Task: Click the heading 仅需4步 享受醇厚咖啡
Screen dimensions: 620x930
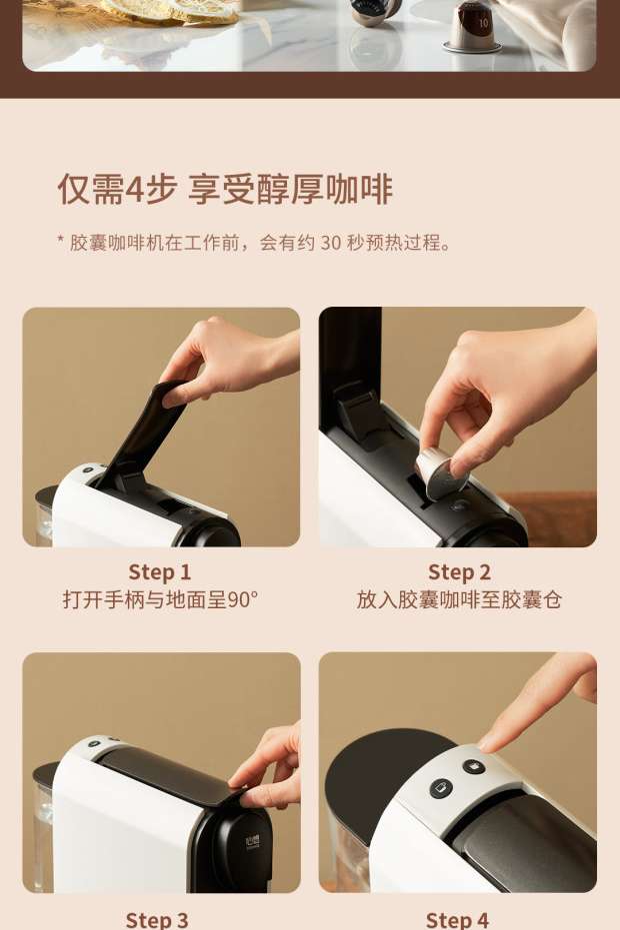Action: coord(224,189)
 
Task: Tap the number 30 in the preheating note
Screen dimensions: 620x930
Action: coord(331,243)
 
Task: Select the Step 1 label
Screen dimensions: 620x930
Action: coord(160,572)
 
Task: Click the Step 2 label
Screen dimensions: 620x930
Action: coord(459,572)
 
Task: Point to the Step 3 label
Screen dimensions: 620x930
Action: coord(157,920)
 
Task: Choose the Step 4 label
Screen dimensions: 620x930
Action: coord(457,920)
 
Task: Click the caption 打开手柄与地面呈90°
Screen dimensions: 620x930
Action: coord(160,599)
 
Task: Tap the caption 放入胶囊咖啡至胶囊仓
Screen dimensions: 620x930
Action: coord(459,599)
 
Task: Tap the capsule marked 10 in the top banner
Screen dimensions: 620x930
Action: coord(472,27)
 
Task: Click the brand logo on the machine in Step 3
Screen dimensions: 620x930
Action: coord(252,843)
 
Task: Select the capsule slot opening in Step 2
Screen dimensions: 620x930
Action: coord(425,489)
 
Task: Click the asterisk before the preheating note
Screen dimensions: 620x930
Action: coord(61,239)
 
